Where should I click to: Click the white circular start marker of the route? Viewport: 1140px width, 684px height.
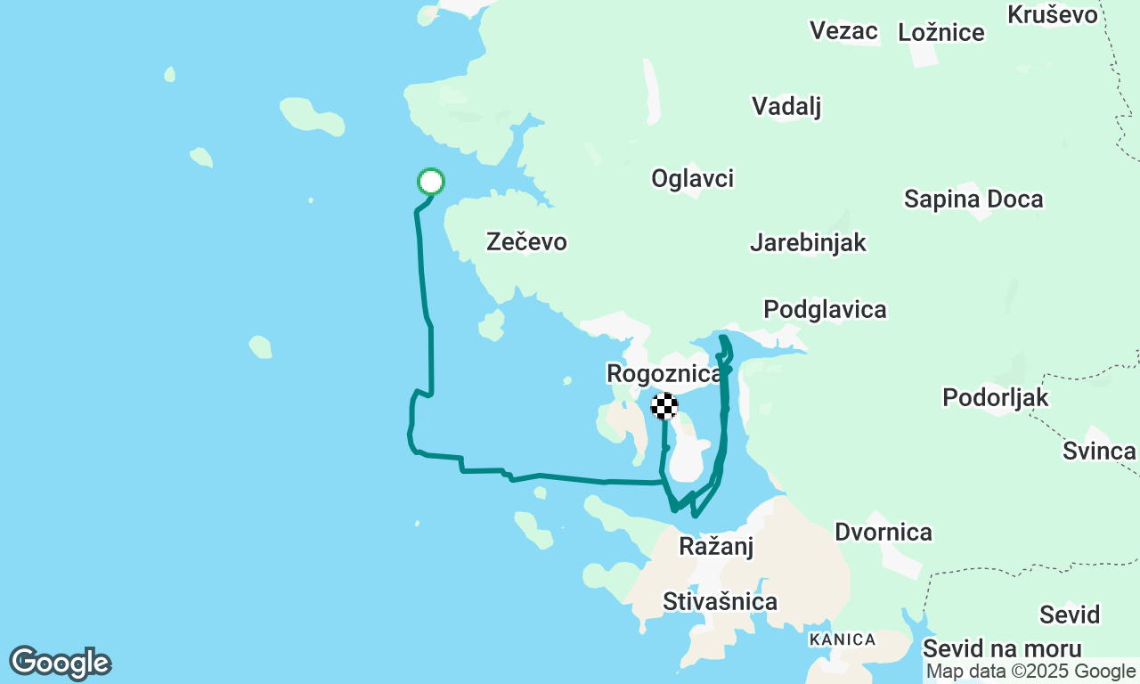[x=431, y=182]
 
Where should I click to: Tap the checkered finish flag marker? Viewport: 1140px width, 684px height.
[x=664, y=406]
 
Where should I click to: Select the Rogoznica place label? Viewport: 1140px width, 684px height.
[x=664, y=373]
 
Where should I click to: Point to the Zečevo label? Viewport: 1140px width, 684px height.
[x=526, y=241]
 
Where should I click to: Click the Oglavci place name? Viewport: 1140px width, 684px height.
[x=692, y=179]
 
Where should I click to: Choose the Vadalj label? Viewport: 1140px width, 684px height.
[x=786, y=107]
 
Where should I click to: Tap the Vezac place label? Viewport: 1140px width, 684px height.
[x=843, y=31]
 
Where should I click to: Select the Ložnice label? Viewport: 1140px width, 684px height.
[x=941, y=33]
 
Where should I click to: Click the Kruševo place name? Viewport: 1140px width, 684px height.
[x=1053, y=14]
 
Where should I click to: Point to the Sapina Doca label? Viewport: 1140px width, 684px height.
[x=973, y=199]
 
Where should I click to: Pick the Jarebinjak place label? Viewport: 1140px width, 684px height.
[x=808, y=242]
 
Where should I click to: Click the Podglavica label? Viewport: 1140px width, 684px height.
[x=825, y=310]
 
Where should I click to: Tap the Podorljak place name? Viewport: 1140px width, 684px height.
[x=996, y=397]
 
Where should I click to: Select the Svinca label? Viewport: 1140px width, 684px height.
[x=1099, y=451]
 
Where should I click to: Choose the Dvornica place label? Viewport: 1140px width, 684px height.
[x=883, y=533]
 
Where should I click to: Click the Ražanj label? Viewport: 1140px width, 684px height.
[x=716, y=546]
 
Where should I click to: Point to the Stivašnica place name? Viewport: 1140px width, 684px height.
[x=720, y=602]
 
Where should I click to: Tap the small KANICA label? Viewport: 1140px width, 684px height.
[x=842, y=639]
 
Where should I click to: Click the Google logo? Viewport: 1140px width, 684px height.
[x=60, y=664]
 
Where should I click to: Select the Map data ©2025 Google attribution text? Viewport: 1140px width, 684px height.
[x=1030, y=672]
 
